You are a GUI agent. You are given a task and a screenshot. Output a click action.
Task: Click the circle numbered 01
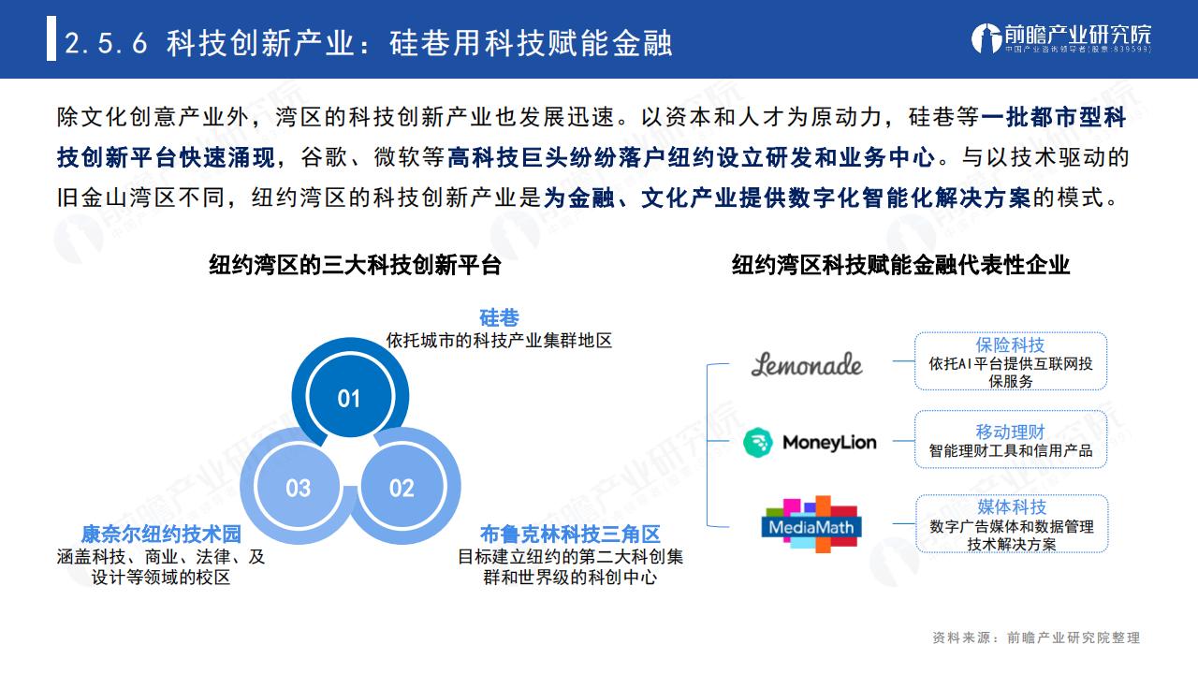(350, 397)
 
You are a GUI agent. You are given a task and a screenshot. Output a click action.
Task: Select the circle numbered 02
(402, 487)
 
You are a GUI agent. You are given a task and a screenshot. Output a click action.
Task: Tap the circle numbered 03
(298, 487)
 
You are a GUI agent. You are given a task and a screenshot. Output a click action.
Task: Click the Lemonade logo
(807, 364)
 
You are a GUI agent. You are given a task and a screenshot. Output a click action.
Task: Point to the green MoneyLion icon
(758, 443)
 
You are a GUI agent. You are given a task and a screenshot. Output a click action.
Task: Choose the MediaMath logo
(811, 524)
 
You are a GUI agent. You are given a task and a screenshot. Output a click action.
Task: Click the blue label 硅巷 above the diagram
(499, 317)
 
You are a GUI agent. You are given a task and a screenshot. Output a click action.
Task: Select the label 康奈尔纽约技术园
(161, 534)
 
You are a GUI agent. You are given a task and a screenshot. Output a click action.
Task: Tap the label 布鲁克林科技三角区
(570, 534)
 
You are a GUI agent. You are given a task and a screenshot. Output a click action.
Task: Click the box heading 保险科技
(1010, 345)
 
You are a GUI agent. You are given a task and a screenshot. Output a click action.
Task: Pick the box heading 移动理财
(1010, 432)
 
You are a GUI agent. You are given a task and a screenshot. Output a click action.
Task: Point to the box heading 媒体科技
(1012, 506)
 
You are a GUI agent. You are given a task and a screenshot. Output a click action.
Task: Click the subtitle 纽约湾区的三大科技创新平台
(355, 265)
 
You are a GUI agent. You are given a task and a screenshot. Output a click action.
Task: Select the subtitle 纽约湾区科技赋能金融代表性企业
(900, 265)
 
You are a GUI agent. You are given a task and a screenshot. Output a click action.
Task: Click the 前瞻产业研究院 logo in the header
(1061, 38)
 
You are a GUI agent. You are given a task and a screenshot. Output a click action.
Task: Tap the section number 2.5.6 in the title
(106, 43)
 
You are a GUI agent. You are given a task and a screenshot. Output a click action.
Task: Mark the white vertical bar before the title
(51, 38)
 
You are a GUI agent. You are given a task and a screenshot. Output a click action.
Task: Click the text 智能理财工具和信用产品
(1010, 451)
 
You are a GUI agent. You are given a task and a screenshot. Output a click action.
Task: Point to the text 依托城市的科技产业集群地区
(499, 340)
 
